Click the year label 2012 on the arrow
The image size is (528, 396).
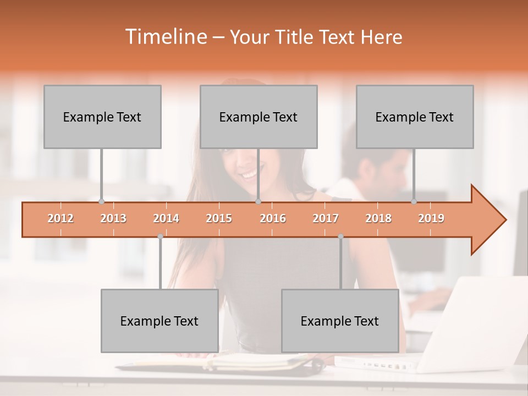(61, 219)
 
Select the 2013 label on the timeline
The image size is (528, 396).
(113, 219)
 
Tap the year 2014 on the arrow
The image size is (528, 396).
(166, 219)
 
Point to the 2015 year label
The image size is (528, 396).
(219, 219)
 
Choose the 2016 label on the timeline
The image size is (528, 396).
(273, 219)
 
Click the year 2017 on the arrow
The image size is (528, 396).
(326, 219)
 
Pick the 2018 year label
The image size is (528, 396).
(378, 219)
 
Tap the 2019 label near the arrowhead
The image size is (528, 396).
(431, 219)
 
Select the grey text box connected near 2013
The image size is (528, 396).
(102, 117)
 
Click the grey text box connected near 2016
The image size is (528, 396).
(258, 117)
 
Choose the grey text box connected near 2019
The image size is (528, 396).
(415, 117)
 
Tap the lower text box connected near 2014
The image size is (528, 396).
(159, 321)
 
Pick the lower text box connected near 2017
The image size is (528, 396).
(340, 321)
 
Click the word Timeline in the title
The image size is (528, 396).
(166, 37)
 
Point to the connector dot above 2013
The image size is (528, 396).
(101, 201)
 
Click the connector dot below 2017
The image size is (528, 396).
(340, 237)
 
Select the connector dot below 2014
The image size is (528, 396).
(160, 237)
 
